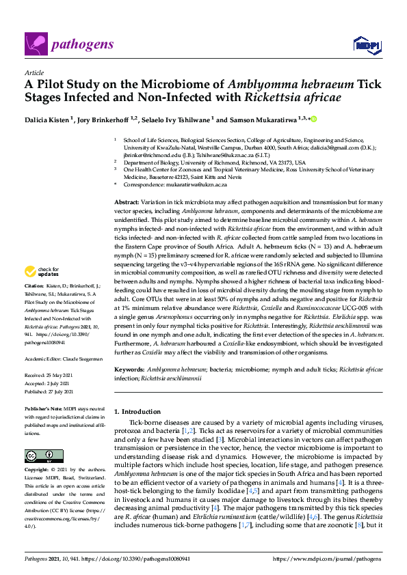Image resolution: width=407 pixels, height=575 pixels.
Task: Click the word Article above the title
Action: tap(34, 72)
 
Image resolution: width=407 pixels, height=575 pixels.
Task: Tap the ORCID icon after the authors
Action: tap(296, 120)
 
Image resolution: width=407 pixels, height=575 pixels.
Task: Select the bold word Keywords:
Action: tap(129, 369)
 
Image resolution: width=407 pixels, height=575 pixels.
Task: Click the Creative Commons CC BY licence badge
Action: tap(44, 455)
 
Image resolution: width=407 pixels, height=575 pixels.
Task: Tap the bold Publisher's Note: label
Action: tap(42, 409)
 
